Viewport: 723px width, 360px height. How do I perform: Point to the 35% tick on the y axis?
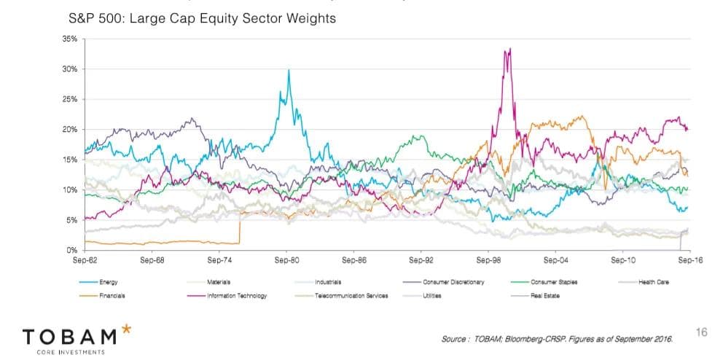(70, 39)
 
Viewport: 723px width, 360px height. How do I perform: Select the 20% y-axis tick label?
(70, 129)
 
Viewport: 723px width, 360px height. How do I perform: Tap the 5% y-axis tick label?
(71, 219)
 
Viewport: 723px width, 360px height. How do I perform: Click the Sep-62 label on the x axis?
(85, 259)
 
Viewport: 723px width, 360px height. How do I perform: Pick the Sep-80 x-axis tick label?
(287, 259)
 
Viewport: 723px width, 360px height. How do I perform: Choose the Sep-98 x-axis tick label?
(488, 259)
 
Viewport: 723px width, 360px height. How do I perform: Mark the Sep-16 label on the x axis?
(687, 259)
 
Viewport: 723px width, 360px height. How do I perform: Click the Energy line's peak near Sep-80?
(289, 71)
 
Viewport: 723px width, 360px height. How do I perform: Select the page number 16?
(703, 332)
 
